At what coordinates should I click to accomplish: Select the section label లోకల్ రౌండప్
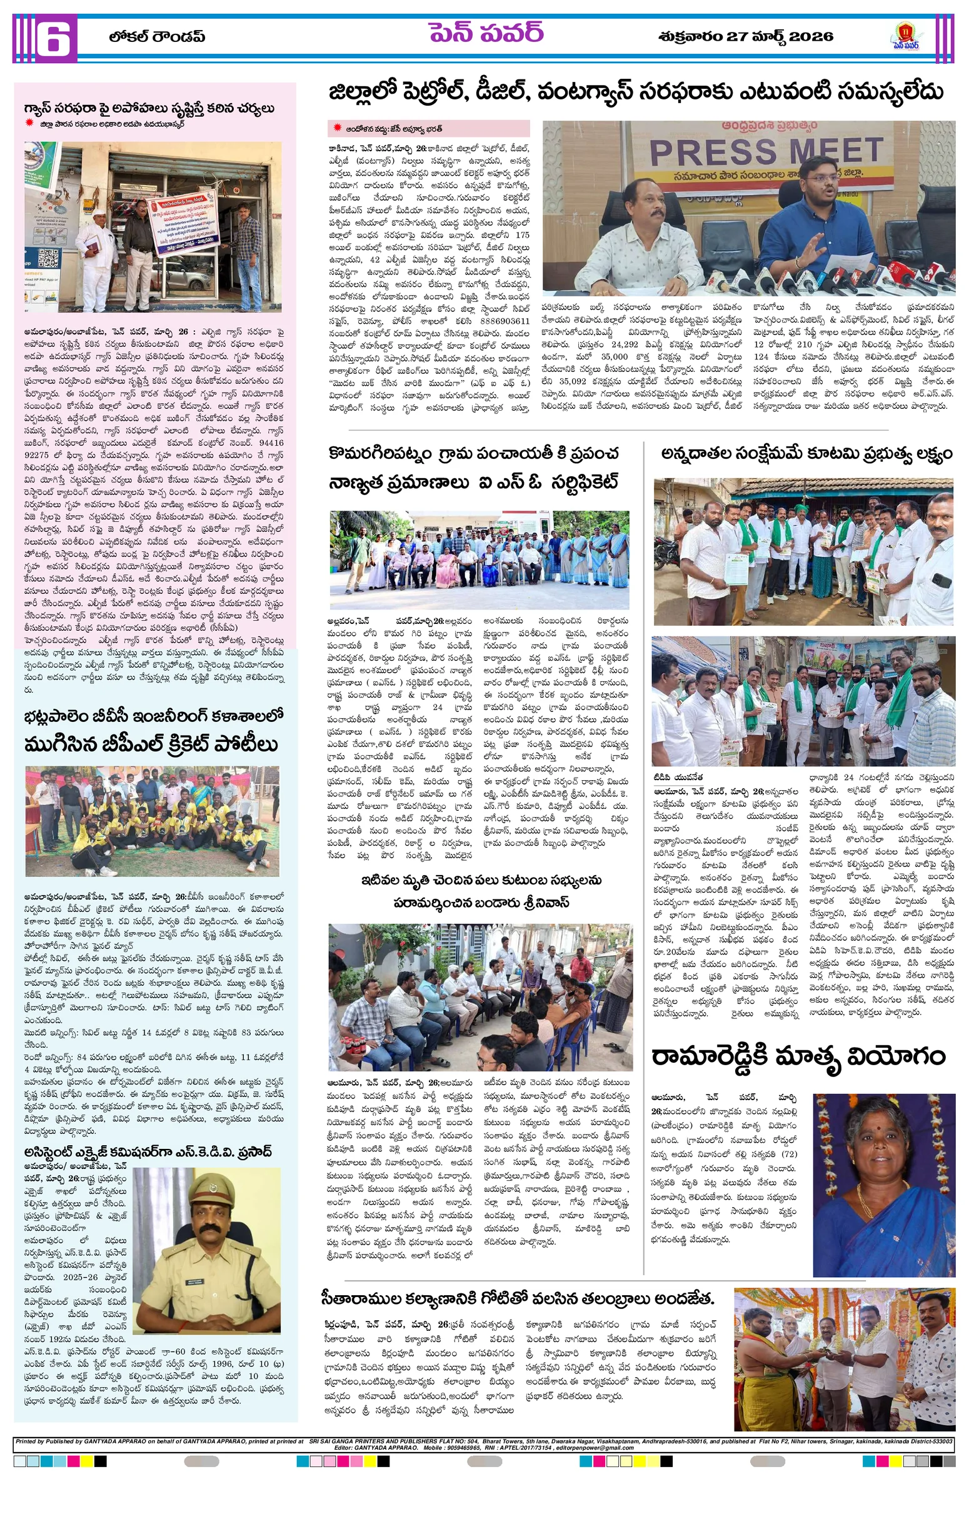pos(157,37)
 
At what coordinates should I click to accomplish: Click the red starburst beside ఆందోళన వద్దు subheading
pos(337,128)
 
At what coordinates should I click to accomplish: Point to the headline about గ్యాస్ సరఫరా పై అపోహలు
pos(149,108)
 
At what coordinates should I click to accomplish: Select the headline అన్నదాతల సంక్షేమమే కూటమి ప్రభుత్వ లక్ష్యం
pos(806,454)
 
